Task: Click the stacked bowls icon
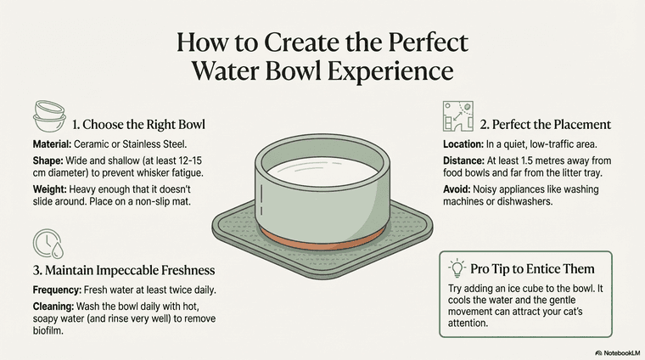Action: pos(49,116)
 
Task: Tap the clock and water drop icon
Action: pos(48,244)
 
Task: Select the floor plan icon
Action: pos(457,116)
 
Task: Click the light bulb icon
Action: pos(457,267)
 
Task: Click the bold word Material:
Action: pos(52,144)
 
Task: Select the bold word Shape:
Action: pos(48,160)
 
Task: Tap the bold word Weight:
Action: pos(49,189)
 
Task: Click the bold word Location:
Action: pos(463,144)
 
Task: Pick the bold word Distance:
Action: pos(463,160)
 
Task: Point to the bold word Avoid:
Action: pos(457,189)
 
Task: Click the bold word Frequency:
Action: pos(57,290)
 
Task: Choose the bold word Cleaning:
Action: pos(53,307)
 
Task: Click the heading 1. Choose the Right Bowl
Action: pos(138,125)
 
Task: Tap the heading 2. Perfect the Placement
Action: pos(546,125)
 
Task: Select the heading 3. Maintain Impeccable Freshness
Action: pos(124,270)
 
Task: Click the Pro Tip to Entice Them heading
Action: pos(532,269)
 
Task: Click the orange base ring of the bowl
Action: pos(322,242)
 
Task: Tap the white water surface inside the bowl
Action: pos(322,172)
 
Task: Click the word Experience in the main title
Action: pos(390,71)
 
